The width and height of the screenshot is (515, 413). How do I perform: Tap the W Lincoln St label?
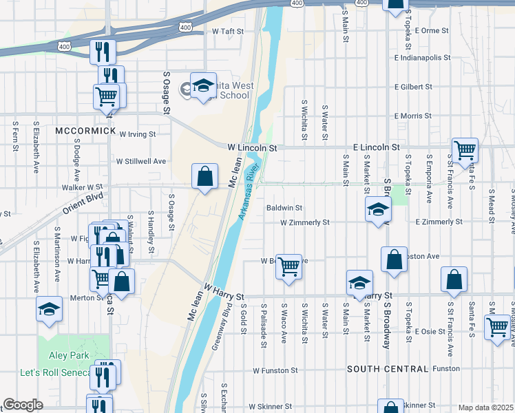[252, 147]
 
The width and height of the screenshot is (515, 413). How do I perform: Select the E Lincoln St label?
[376, 147]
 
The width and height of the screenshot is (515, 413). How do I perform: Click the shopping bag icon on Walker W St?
[205, 178]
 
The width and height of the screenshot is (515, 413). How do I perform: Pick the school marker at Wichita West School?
[203, 86]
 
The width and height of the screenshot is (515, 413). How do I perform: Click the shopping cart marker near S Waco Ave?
[288, 266]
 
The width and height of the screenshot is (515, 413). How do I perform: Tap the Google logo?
[23, 405]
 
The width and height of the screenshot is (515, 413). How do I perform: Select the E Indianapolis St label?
[421, 58]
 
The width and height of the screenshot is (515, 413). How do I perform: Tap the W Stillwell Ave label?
[141, 161]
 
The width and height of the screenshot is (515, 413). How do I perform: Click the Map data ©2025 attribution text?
[485, 407]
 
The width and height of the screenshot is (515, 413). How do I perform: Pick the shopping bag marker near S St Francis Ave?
[454, 279]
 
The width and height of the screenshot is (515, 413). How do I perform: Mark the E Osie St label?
[431, 332]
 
